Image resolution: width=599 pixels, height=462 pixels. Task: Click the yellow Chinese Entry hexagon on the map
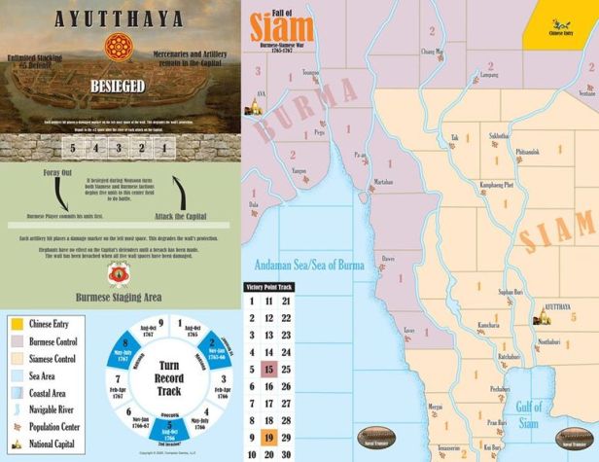coord(562,23)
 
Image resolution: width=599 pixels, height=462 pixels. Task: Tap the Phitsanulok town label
coord(532,151)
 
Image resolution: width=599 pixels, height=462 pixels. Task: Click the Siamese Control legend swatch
coord(15,358)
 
